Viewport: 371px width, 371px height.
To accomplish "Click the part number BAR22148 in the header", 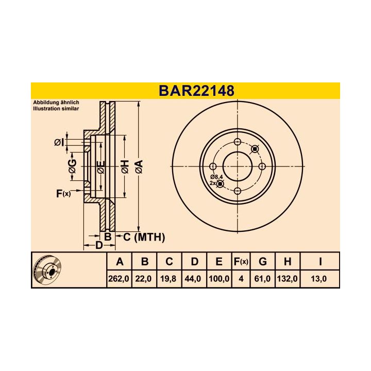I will (196, 91).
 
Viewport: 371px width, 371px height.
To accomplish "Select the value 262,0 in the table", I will (120, 279).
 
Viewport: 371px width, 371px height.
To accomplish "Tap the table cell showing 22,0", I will (145, 279).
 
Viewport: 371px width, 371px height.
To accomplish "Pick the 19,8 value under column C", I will (169, 279).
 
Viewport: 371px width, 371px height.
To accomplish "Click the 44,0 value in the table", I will (194, 279).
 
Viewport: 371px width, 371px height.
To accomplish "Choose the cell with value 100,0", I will (219, 279).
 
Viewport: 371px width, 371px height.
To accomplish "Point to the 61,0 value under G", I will (262, 279).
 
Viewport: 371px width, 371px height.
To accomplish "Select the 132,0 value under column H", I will (286, 279).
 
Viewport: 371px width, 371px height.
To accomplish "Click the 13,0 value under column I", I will (320, 279).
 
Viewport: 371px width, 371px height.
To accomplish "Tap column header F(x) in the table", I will (241, 262).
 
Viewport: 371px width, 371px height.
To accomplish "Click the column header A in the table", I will (120, 262).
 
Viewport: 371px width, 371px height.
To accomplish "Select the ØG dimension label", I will (72, 166).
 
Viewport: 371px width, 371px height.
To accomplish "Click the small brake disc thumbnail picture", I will (47, 271).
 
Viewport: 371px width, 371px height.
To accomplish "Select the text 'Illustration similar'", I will (57, 109).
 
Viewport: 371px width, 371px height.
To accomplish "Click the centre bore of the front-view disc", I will (238, 166).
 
